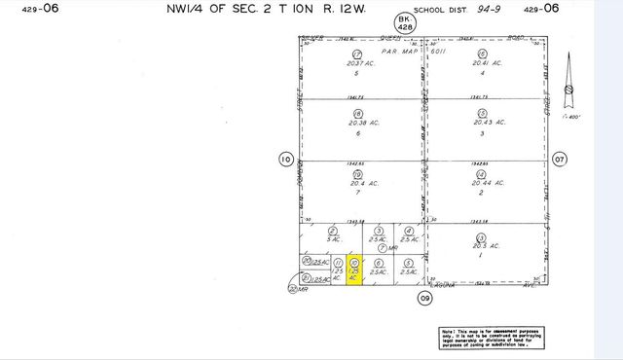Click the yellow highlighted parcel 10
[355, 270]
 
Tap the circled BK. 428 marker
[403, 24]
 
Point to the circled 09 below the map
[424, 299]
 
